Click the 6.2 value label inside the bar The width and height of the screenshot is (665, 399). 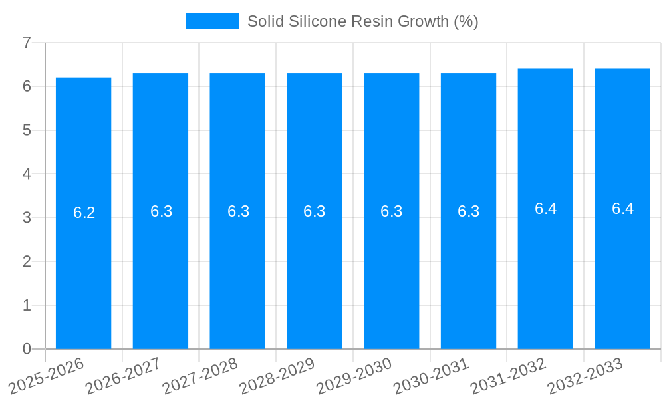[x=84, y=213]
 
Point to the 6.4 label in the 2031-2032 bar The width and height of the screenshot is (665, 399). [x=545, y=209]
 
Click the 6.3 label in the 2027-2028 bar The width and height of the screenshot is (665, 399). [x=238, y=211]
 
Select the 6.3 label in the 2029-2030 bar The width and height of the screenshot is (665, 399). [x=392, y=211]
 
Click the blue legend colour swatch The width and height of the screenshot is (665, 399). [x=212, y=21]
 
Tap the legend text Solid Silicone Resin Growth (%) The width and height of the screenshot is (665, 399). [x=362, y=21]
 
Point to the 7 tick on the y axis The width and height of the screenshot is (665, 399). [x=27, y=43]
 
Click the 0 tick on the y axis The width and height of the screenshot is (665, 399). [x=27, y=349]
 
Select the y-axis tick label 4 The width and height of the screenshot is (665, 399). [x=27, y=174]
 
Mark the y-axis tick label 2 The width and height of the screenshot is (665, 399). [x=27, y=262]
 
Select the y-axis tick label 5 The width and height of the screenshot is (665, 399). [x=27, y=130]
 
